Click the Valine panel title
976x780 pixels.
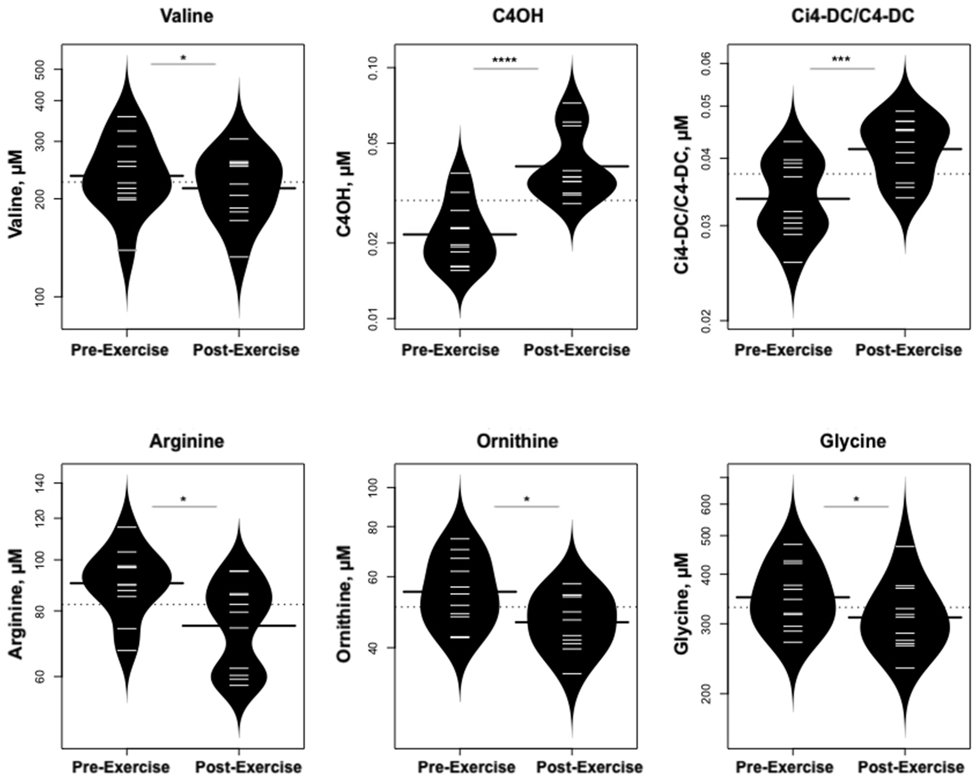pos(187,16)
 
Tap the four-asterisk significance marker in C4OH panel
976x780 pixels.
pos(505,60)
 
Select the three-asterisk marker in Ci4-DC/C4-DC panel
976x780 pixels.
pos(841,60)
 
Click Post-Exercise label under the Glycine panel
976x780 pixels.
pos(910,767)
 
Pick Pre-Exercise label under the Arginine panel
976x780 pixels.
pos(121,767)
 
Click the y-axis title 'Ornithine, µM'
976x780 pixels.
pos(344,604)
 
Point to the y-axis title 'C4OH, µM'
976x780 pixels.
pos(344,193)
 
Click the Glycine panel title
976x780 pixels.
pos(853,441)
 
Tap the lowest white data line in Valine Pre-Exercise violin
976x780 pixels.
pos(127,250)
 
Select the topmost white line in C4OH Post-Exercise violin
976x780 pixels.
pos(572,103)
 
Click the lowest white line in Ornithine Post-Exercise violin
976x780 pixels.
pos(572,674)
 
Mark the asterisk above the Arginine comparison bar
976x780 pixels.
pos(184,499)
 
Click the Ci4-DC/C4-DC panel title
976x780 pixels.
pos(853,16)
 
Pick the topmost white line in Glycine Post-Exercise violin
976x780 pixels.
pos(905,547)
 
